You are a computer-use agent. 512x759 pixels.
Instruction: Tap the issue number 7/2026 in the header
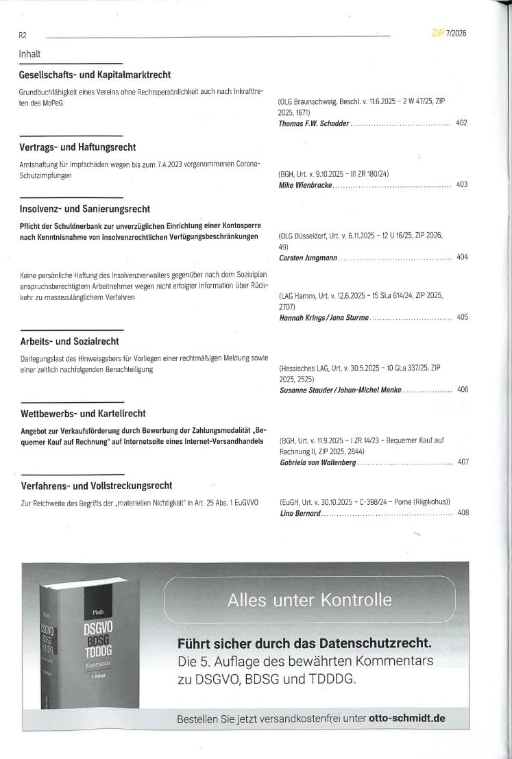coord(456,33)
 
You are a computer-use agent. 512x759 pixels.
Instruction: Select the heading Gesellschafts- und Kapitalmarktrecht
coord(95,75)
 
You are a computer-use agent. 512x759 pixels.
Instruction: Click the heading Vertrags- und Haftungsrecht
coord(77,147)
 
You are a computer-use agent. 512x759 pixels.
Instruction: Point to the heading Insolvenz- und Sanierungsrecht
coord(85,208)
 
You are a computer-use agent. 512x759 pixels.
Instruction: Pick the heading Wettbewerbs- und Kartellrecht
coord(83,413)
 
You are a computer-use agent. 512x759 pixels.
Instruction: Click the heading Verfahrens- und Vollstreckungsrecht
coord(96,486)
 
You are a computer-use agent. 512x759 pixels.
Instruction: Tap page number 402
coord(461,123)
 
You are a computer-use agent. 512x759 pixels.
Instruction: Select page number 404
coord(462,257)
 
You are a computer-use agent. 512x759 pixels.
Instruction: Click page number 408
coord(462,513)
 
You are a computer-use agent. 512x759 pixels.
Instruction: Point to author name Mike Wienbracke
coord(305,185)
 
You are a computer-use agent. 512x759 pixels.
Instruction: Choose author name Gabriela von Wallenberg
coord(317,462)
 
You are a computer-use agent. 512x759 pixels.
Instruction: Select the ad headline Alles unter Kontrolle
coord(310,601)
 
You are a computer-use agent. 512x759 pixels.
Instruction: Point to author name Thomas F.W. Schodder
coord(315,124)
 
